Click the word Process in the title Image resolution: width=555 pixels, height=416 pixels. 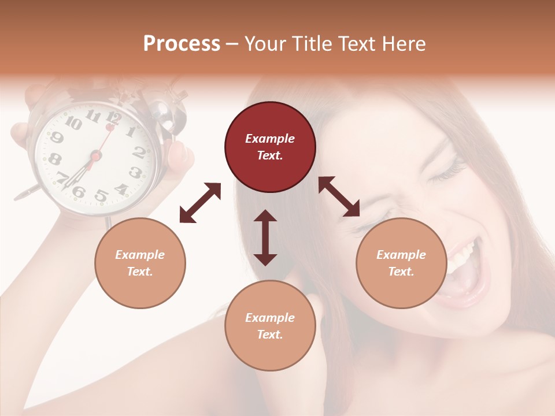[182, 44]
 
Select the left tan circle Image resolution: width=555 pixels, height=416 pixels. [140, 263]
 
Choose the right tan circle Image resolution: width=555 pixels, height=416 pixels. [401, 263]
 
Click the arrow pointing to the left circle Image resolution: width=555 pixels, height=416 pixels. [200, 203]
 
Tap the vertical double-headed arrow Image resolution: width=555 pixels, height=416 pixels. [265, 237]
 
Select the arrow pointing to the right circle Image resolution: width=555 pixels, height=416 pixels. [339, 196]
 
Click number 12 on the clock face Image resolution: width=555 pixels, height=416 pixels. [113, 118]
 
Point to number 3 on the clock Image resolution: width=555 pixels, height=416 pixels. [135, 172]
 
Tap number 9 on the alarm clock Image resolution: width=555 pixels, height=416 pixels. [57, 138]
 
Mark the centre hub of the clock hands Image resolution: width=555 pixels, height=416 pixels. [95, 155]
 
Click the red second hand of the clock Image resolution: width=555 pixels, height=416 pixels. [105, 139]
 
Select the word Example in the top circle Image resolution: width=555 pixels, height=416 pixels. [270, 139]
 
